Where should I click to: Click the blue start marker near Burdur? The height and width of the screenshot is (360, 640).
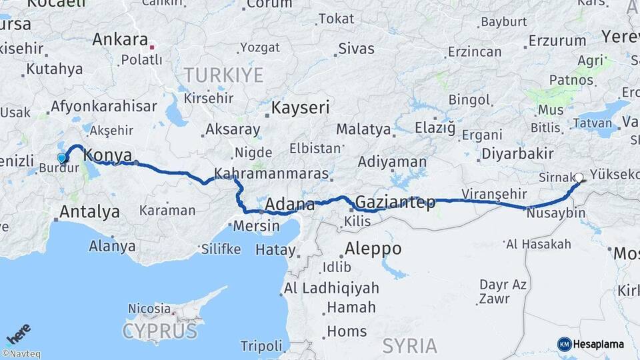tap(62, 158)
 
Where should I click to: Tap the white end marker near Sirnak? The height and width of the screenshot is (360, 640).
tap(579, 178)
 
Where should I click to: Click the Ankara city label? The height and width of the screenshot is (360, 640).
tap(120, 39)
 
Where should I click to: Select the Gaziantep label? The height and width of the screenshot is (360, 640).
tap(395, 202)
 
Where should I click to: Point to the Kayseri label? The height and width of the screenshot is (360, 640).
tap(301, 107)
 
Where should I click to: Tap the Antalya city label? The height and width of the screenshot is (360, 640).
tap(89, 213)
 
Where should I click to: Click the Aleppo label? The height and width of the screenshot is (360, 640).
tap(373, 249)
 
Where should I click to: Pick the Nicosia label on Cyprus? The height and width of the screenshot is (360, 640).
tap(149, 309)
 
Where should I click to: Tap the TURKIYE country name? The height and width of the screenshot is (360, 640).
tap(224, 75)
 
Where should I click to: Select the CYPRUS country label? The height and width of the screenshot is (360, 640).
tap(160, 331)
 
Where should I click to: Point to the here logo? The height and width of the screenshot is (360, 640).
tap(19, 334)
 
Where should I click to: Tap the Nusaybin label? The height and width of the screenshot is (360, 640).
tap(555, 214)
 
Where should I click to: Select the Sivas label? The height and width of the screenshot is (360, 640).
tap(357, 49)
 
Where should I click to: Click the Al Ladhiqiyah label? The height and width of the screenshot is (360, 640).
tap(331, 289)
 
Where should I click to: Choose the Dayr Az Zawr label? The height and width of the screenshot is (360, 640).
tap(503, 291)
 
